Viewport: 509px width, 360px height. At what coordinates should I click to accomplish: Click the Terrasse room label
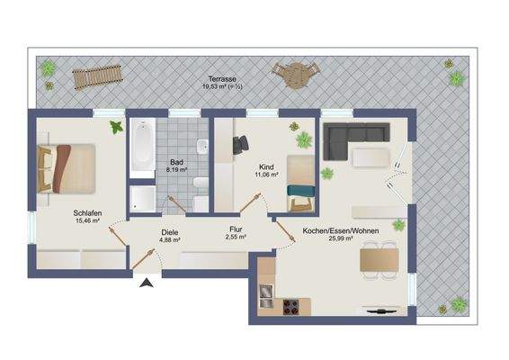pyautogui.click(x=222, y=79)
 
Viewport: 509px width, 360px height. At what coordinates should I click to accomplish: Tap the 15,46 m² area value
pyautogui.click(x=87, y=220)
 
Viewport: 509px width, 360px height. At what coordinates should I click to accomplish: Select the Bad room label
pyautogui.click(x=176, y=162)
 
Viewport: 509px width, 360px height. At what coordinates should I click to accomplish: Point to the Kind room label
pyautogui.click(x=266, y=167)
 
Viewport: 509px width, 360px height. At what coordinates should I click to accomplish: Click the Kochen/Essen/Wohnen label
pyautogui.click(x=341, y=231)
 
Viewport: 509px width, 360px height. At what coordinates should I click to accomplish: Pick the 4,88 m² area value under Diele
pyautogui.click(x=169, y=240)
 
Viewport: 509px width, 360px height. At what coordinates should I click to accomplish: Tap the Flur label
pyautogui.click(x=236, y=229)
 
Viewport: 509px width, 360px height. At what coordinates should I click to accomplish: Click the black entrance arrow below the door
pyautogui.click(x=147, y=283)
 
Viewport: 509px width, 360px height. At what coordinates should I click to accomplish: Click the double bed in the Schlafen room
pyautogui.click(x=67, y=168)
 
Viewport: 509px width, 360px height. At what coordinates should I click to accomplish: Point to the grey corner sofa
pyautogui.click(x=355, y=139)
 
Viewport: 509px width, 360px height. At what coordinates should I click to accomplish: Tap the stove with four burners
pyautogui.click(x=290, y=307)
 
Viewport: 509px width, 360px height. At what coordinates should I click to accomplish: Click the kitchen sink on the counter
pyautogui.click(x=266, y=297)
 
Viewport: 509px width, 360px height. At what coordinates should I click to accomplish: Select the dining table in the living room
pyautogui.click(x=380, y=260)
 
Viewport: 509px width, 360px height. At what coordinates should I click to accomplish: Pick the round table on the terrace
pyautogui.click(x=296, y=76)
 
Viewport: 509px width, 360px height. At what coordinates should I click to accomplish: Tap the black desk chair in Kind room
pyautogui.click(x=240, y=145)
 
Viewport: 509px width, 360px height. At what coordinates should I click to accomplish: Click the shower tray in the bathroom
pyautogui.click(x=143, y=199)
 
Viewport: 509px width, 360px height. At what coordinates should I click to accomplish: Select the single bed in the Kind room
pyautogui.click(x=300, y=183)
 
